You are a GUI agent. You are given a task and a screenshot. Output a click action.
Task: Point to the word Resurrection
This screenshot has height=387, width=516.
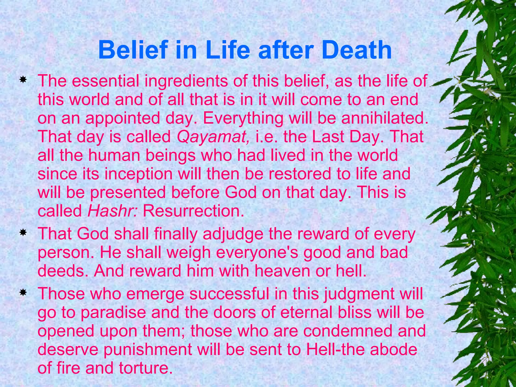point(193,211)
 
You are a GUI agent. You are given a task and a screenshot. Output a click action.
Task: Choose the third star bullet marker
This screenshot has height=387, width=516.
point(23,293)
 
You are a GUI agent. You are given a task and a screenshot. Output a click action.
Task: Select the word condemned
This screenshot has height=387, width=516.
point(348,331)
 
